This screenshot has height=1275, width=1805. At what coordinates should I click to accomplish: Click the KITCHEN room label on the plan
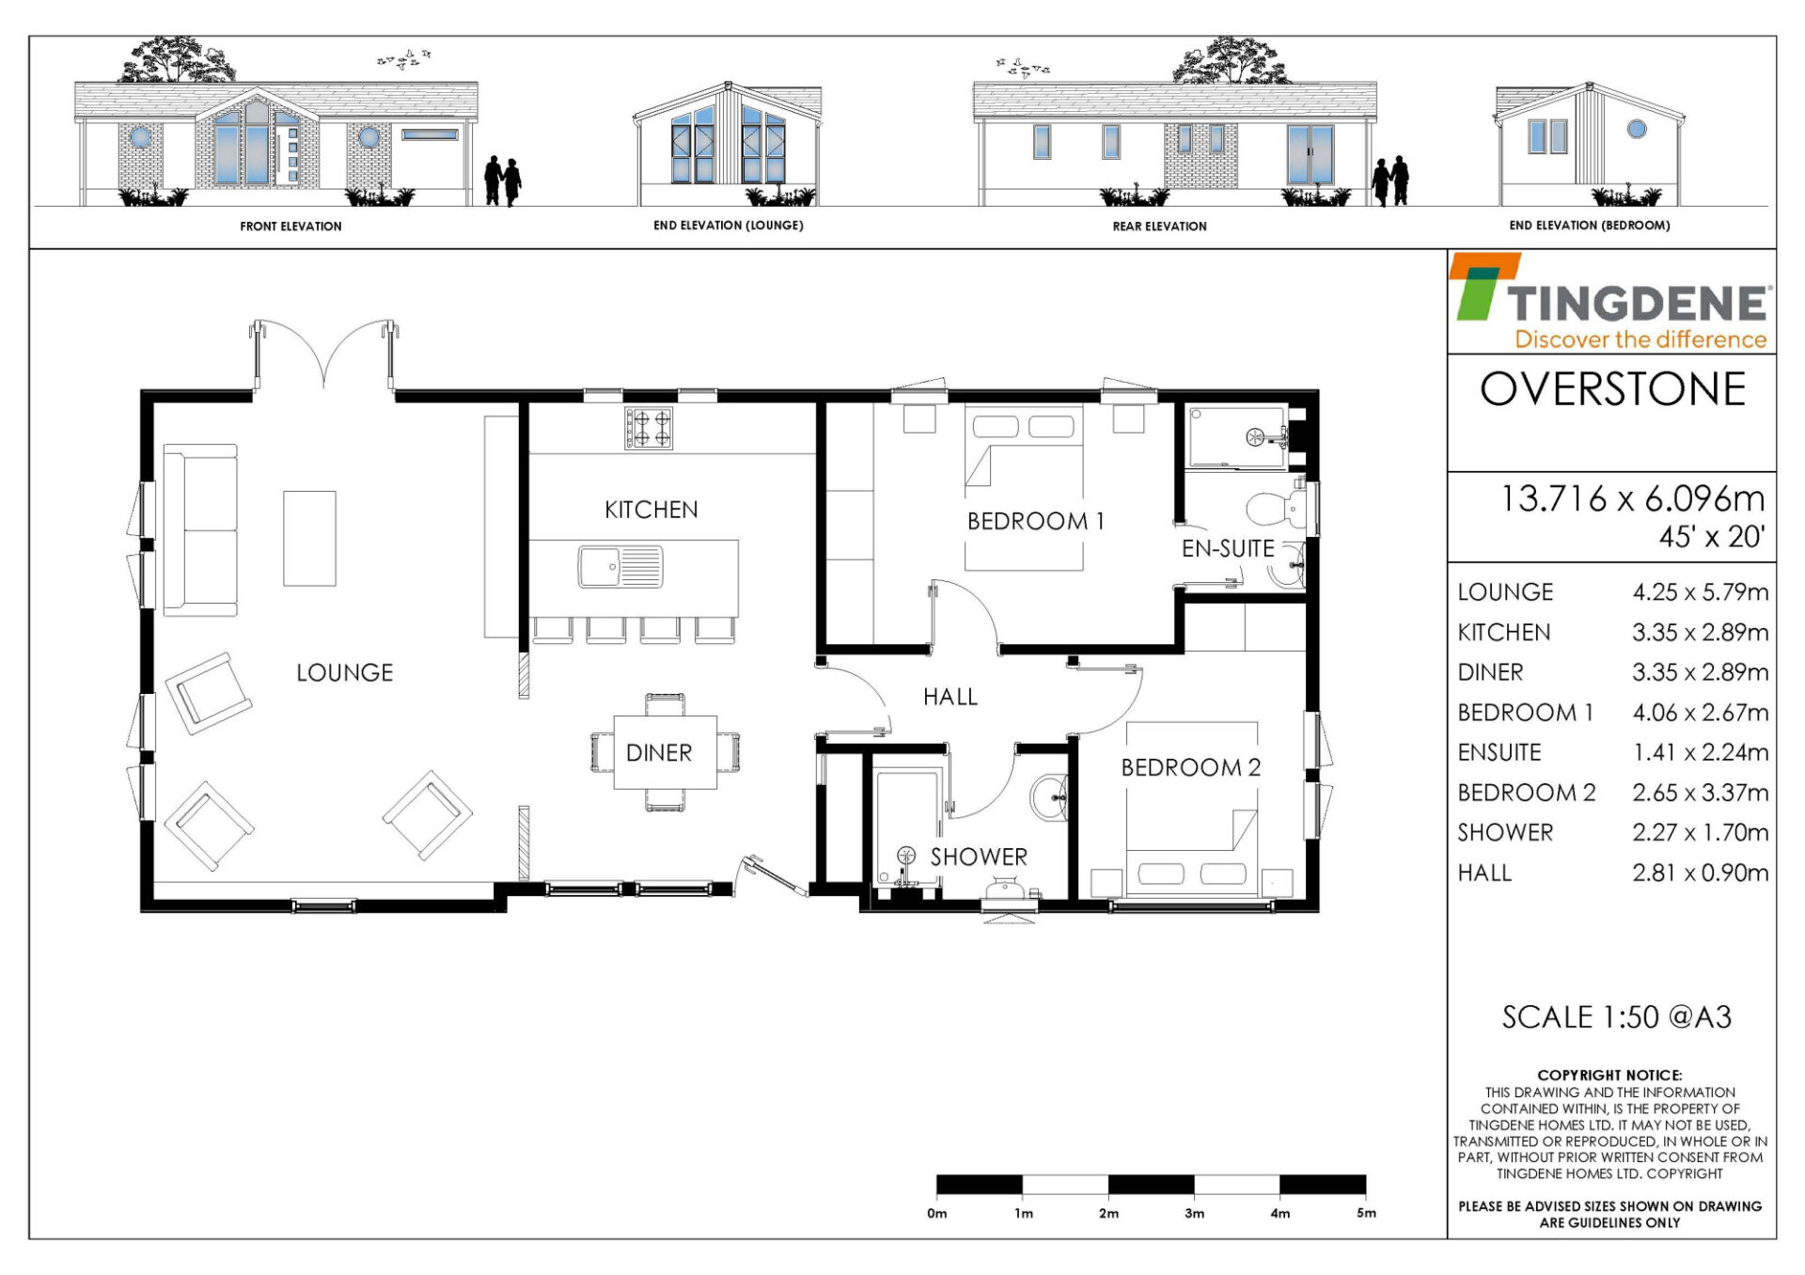point(651,510)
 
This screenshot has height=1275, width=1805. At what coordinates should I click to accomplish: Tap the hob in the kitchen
point(649,428)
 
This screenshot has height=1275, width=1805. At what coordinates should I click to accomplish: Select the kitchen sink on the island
point(620,567)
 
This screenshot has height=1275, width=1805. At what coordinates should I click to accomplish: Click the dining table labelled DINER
point(665,752)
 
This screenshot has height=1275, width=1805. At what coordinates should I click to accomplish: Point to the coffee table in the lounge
point(309,538)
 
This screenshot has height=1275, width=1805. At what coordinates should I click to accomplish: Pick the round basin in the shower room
point(1048,799)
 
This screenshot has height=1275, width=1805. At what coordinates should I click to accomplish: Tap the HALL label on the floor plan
point(950,697)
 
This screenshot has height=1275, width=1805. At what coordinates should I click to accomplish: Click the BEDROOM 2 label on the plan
point(1190,767)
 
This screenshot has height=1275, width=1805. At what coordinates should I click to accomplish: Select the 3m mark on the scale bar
point(1194,1213)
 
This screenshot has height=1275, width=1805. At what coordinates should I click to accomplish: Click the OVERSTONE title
point(1612,389)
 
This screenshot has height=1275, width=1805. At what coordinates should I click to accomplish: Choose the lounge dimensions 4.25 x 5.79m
point(1700,592)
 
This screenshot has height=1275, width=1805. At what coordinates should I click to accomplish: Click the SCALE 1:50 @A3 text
point(1616,1016)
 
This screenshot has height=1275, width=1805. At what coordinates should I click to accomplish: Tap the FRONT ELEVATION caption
point(290,227)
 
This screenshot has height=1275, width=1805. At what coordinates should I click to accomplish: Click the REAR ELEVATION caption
point(1159,227)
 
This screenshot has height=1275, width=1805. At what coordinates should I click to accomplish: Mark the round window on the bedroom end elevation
point(1637,129)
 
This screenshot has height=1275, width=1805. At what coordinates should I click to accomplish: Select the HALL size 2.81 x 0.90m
point(1700,873)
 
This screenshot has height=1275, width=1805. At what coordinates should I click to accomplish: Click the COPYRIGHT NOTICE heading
point(1609,1075)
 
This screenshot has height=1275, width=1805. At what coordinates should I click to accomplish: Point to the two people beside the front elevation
point(503,181)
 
